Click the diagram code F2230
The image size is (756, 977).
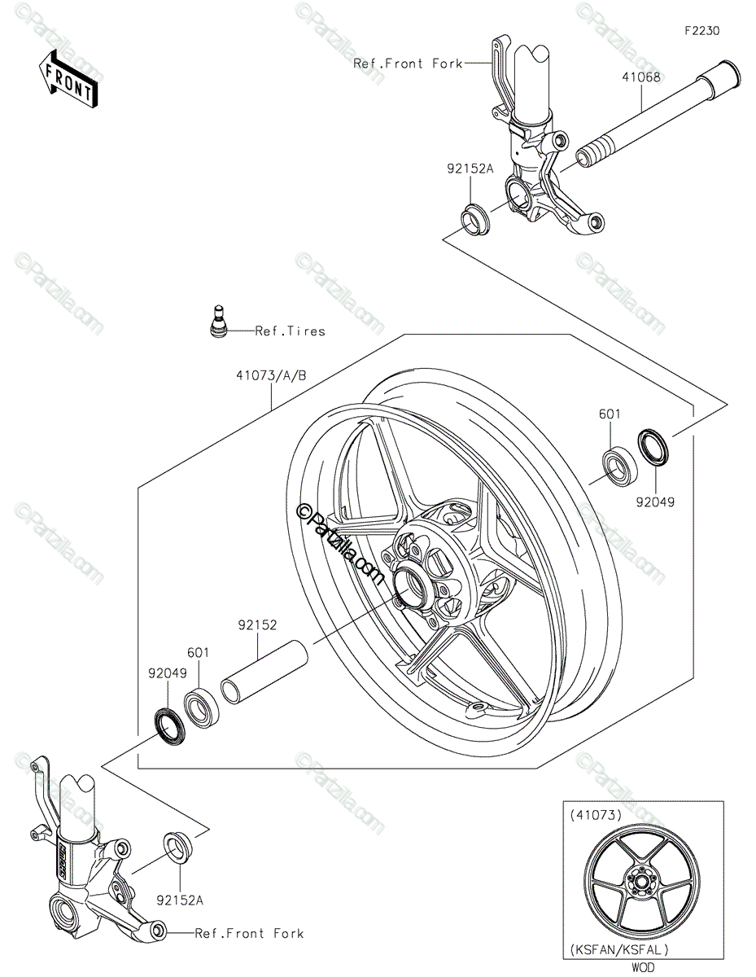(x=701, y=31)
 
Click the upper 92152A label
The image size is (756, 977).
(x=470, y=169)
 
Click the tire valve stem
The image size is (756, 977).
(x=217, y=319)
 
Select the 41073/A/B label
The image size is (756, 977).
(x=271, y=376)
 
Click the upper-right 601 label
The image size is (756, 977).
(x=610, y=414)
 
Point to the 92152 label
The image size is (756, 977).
(x=258, y=625)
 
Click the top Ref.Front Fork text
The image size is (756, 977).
(x=408, y=64)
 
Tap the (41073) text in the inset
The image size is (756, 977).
(x=596, y=813)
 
